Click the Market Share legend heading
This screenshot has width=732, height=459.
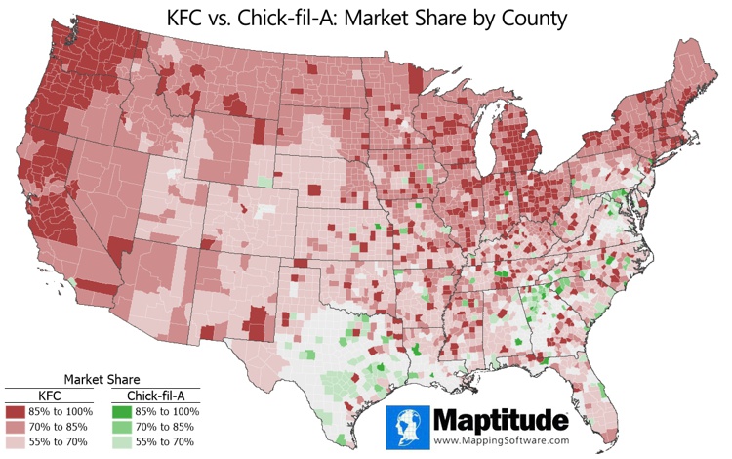click(x=101, y=379)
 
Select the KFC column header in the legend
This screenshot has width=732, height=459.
click(x=50, y=396)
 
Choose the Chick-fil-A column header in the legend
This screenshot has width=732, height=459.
click(x=156, y=396)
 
